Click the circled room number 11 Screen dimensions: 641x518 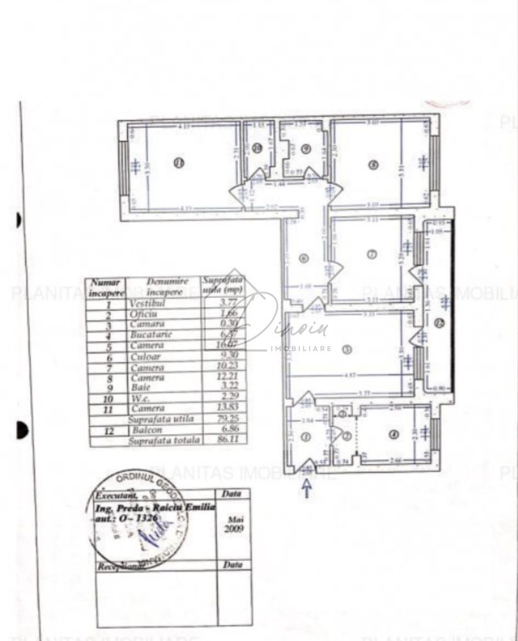[179, 164]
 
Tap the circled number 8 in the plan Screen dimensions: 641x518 [373, 164]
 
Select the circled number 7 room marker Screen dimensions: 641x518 [371, 254]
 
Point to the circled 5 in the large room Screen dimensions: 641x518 [347, 349]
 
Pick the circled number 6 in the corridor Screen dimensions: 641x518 [304, 258]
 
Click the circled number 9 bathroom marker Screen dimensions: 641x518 [306, 149]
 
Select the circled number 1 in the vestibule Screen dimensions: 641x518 [305, 437]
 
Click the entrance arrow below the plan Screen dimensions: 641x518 [307, 488]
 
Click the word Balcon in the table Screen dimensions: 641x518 [147, 430]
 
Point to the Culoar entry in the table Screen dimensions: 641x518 [147, 356]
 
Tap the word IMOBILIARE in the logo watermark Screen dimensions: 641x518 [301, 348]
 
